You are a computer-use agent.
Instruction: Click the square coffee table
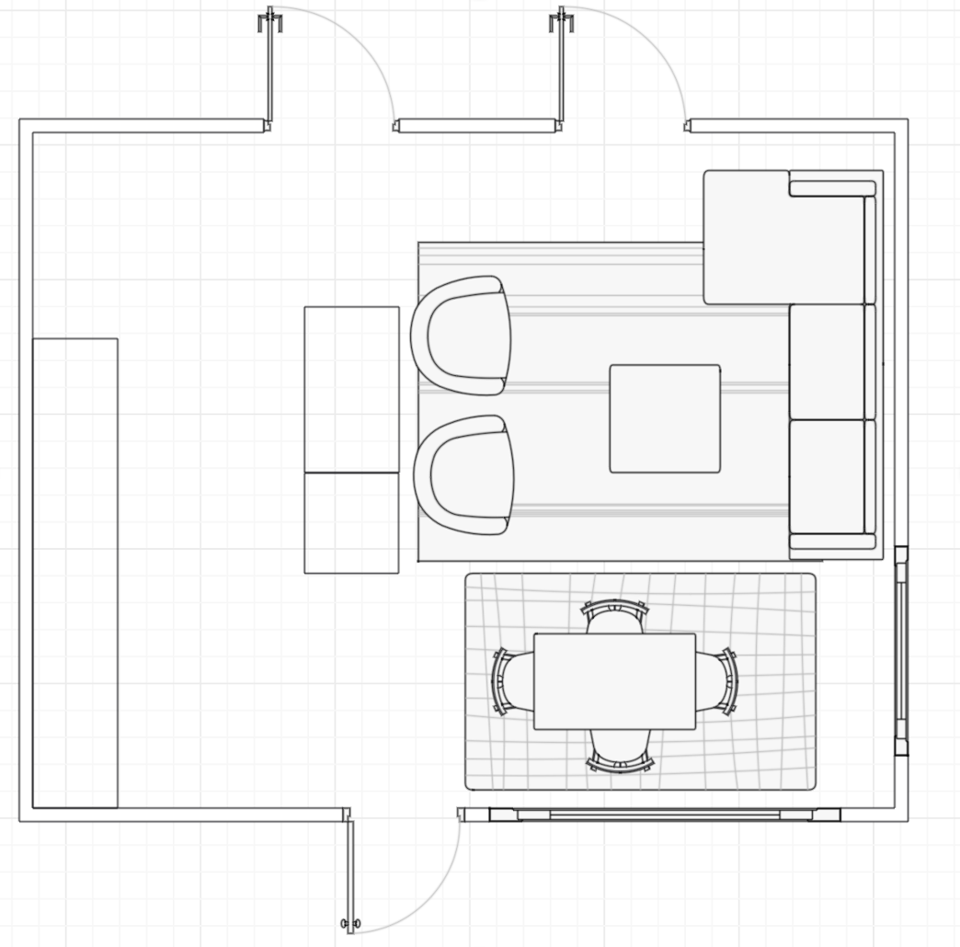click(x=665, y=418)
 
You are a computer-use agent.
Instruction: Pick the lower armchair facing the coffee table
click(x=465, y=474)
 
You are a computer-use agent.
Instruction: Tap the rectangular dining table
click(x=614, y=681)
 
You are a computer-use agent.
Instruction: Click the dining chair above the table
click(x=615, y=616)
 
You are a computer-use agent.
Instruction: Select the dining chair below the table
click(x=620, y=750)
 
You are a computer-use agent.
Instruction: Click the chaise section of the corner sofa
click(x=746, y=237)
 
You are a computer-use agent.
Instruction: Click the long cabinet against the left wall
click(x=75, y=573)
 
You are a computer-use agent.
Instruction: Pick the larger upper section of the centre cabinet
click(x=351, y=389)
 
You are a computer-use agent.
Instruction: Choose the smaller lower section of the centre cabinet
click(x=351, y=522)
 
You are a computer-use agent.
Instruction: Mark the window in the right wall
click(x=901, y=650)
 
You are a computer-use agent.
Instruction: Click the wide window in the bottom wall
click(x=664, y=815)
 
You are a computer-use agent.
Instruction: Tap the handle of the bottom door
click(x=350, y=923)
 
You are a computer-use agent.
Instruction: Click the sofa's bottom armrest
click(x=832, y=542)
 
